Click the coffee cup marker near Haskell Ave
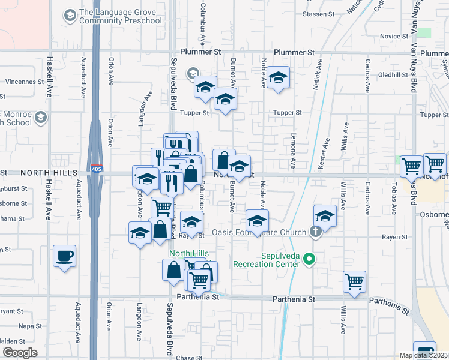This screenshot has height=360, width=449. click(65, 257)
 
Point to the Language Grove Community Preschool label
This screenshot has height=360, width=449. click(121, 16)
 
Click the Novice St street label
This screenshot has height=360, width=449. click(394, 37)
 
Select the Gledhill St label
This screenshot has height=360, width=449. click(393, 75)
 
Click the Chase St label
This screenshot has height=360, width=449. click(189, 358)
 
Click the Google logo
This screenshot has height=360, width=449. click(20, 353)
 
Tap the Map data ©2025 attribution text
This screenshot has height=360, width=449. click(424, 355)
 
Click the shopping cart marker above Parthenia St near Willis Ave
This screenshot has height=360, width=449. click(354, 280)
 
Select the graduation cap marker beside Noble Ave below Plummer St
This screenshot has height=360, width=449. click(278, 77)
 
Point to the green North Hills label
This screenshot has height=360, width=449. click(188, 253)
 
